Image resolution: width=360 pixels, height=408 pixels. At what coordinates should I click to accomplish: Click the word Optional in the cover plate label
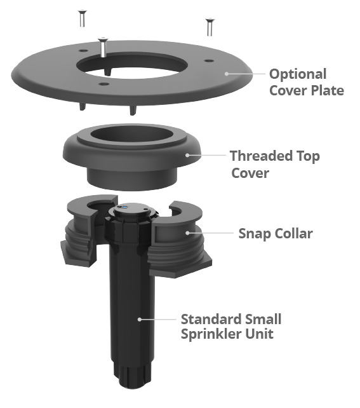tap(298, 75)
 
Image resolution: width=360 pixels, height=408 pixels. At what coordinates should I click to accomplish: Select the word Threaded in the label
tap(259, 156)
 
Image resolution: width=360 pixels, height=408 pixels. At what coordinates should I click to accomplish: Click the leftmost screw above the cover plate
tap(82, 18)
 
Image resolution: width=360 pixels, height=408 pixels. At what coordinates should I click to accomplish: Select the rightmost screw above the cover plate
tap(210, 27)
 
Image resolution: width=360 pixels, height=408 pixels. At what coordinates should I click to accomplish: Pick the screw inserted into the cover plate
tap(103, 48)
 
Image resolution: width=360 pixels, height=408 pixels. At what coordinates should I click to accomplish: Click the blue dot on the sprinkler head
tap(124, 207)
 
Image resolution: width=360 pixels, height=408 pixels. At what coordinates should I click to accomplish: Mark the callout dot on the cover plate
tap(227, 74)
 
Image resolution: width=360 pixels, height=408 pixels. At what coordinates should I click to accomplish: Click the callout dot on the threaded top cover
tap(187, 155)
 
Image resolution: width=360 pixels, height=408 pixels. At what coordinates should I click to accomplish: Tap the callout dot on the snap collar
tap(187, 233)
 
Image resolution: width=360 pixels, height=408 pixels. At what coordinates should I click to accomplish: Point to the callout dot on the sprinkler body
tap(140, 319)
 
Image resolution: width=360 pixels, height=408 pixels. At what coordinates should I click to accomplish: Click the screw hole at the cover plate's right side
tap(209, 61)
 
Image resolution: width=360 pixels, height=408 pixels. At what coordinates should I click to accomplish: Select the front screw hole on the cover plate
tap(104, 84)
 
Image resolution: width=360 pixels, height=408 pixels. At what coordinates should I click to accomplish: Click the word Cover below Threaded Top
tap(250, 173)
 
